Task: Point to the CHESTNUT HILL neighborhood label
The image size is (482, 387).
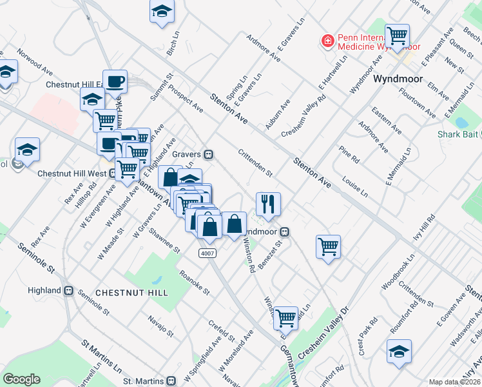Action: point(131,293)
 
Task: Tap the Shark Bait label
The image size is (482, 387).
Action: point(457,134)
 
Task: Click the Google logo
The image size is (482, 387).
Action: point(21,379)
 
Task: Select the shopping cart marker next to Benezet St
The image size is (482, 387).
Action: point(329,246)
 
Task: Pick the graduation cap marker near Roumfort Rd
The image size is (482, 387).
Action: point(400,352)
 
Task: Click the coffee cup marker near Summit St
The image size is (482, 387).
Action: point(115,82)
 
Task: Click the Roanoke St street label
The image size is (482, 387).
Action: point(195,282)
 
